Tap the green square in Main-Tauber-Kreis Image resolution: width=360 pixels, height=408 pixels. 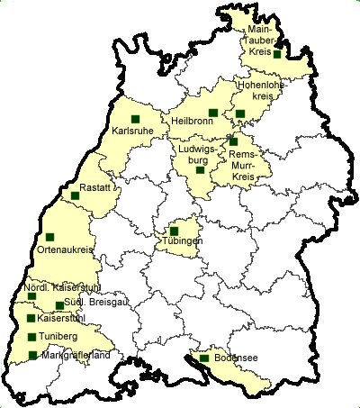(x=278, y=54)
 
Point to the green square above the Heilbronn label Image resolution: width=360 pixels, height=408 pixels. (x=213, y=113)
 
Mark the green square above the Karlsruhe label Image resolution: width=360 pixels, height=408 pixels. (x=135, y=119)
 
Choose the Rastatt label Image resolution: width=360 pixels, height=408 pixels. (x=95, y=187)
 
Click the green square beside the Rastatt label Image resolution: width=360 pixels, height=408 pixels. (x=75, y=195)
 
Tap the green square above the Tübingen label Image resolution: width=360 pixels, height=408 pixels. (x=175, y=231)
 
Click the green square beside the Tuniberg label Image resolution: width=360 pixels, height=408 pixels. (x=32, y=337)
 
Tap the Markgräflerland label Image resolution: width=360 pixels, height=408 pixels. (x=76, y=356)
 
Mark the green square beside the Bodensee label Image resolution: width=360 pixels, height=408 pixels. (x=204, y=358)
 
